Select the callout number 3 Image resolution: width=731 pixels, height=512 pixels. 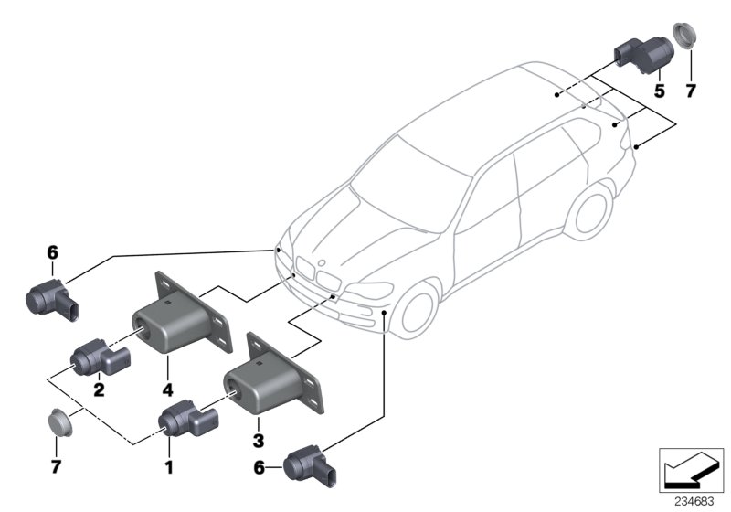pos(259,425)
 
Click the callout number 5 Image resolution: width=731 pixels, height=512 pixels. pos(657,91)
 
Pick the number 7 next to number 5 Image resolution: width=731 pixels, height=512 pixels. pos(691,91)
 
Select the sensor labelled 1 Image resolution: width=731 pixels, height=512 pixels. pos(187,420)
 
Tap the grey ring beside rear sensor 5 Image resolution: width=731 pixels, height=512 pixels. pos(687,37)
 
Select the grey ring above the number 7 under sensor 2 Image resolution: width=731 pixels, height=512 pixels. pos(60,421)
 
